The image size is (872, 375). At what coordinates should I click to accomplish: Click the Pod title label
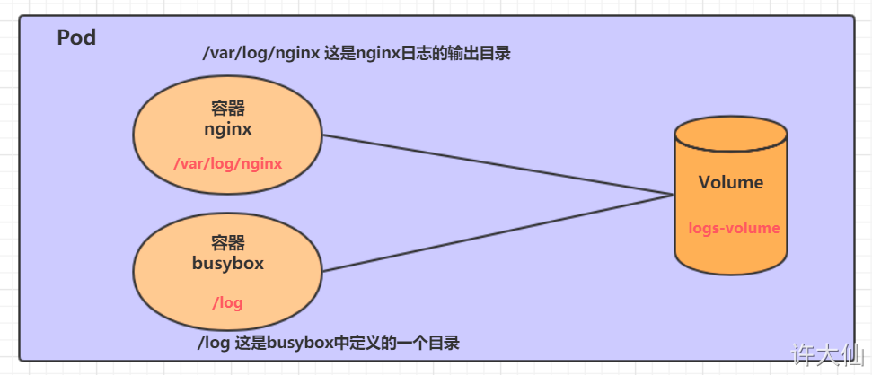point(76,38)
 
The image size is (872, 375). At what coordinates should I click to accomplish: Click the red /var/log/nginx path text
point(228,164)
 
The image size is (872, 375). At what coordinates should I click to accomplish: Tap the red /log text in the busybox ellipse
point(227,303)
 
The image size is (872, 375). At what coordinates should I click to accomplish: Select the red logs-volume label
point(734,228)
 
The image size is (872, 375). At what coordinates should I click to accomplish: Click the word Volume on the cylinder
point(731,182)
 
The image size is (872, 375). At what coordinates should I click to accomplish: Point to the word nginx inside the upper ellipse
point(228,130)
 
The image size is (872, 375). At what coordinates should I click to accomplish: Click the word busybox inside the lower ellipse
point(228,264)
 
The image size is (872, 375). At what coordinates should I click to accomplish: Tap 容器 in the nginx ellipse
point(228,109)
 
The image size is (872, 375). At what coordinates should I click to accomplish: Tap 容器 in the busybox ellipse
point(228,243)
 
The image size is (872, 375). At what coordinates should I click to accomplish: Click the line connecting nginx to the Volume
point(498,165)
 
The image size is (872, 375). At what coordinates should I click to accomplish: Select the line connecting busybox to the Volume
point(498,233)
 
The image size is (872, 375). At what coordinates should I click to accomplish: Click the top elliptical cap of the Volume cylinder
point(731,134)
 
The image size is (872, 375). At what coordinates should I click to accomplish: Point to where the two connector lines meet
point(673,195)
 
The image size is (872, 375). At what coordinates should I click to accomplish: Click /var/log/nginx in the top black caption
point(260,54)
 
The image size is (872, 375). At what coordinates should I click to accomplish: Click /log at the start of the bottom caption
point(214,344)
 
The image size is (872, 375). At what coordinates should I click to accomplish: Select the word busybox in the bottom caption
point(300,344)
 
